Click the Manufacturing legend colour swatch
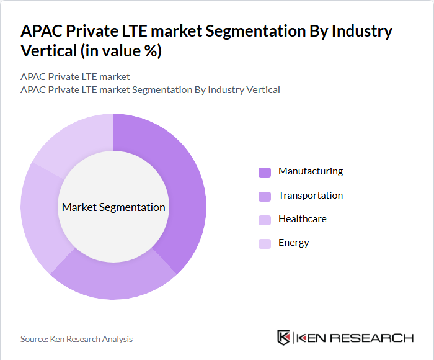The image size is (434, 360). (x=265, y=172)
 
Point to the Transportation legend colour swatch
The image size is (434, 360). (x=265, y=196)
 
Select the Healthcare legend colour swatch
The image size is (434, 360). (x=265, y=220)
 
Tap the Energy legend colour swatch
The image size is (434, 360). (x=265, y=243)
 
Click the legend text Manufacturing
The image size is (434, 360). (x=310, y=171)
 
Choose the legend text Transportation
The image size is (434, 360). (x=310, y=196)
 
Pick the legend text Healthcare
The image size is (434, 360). (x=302, y=219)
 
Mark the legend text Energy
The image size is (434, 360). (x=293, y=243)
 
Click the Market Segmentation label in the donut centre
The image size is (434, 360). (x=113, y=207)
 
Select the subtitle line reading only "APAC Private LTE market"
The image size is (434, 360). (x=75, y=77)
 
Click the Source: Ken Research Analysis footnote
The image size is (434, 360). (x=76, y=339)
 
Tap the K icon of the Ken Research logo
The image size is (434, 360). (x=283, y=338)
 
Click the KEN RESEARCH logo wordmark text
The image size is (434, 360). (x=355, y=338)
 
